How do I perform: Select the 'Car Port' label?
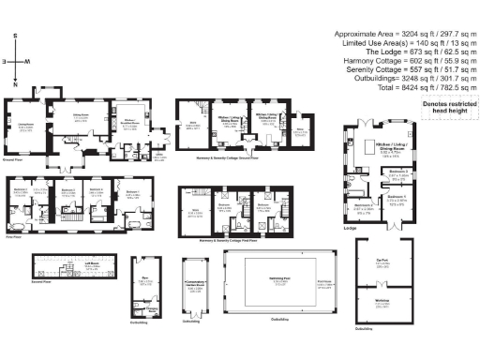coord(382,263)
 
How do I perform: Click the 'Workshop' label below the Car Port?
coord(382,301)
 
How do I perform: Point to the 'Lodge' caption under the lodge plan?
coord(349,226)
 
